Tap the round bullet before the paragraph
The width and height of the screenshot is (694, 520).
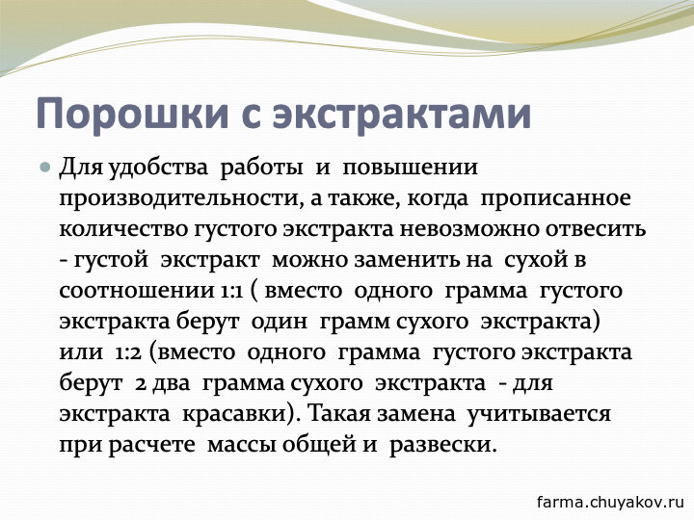[44, 168]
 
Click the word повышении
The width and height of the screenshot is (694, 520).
[411, 168]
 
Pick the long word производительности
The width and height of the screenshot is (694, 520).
[179, 199]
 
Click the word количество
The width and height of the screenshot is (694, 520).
[123, 230]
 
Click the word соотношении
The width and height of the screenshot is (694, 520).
[136, 292]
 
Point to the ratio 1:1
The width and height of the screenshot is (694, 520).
[230, 292]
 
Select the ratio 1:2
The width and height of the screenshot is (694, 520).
[128, 353]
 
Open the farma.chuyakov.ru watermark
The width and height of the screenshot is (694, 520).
[610, 503]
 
